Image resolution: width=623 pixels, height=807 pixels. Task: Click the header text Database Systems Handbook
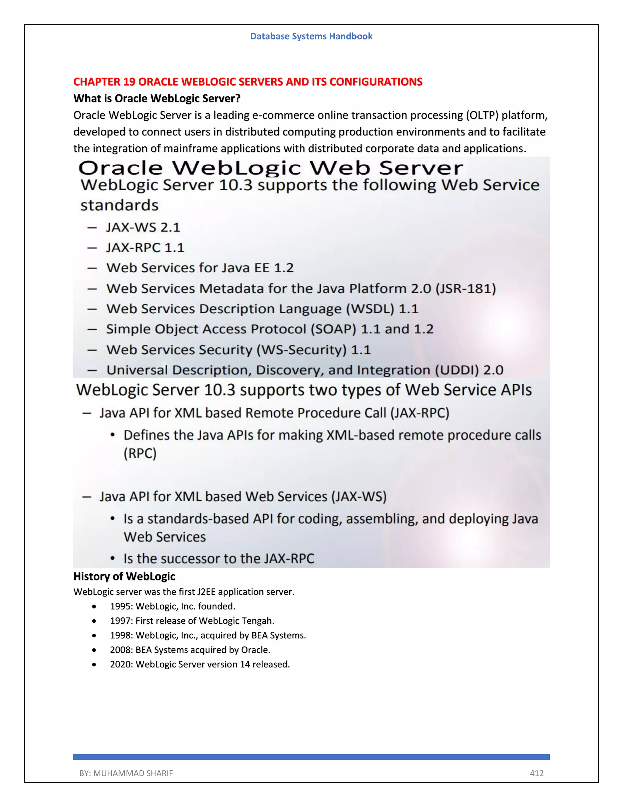[311, 36]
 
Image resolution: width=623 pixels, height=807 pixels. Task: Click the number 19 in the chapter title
[129, 82]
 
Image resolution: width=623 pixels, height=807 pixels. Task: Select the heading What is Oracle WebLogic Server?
[157, 98]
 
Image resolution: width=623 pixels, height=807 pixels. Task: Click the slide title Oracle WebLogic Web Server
[270, 168]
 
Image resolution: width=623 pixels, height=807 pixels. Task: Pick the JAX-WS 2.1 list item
[143, 227]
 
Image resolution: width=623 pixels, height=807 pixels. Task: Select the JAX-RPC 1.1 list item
[145, 248]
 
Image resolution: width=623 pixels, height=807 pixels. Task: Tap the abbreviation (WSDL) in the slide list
[370, 309]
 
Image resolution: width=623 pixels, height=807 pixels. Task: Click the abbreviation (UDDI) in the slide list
[457, 370]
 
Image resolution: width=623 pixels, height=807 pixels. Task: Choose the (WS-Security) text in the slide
[301, 350]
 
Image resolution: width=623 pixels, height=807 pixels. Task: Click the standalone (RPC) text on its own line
[140, 453]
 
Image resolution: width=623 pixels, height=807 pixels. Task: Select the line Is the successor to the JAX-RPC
[218, 558]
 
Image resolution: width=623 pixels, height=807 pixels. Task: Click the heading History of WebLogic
[124, 576]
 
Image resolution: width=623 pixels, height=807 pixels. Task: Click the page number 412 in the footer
[536, 774]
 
